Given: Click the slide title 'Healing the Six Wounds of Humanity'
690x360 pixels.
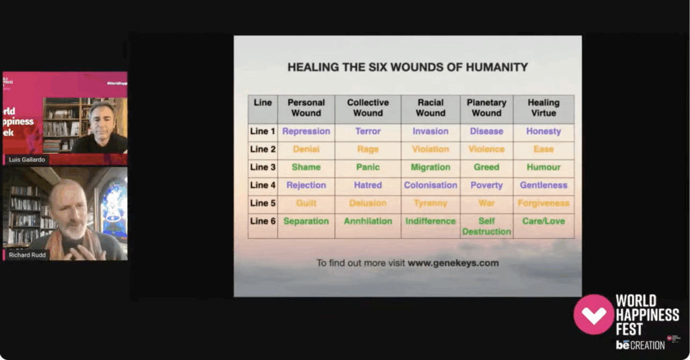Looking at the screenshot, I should (x=408, y=67).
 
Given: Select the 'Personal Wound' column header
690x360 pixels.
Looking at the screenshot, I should (x=306, y=108).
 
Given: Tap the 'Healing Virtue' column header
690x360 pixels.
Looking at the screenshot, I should (x=543, y=108).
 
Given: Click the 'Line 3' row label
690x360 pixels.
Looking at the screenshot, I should (x=263, y=167).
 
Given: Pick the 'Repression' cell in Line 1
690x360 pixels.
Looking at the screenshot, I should (x=306, y=131).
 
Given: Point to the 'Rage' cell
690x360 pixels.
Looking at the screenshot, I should (x=368, y=149).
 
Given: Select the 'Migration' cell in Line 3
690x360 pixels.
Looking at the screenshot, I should (x=430, y=167).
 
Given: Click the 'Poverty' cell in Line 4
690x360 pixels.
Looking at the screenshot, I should (x=487, y=185).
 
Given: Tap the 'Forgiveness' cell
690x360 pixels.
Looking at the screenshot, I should (x=543, y=203).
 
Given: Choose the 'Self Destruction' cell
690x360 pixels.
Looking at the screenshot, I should (x=487, y=227).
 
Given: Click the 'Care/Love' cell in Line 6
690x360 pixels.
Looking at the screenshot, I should (x=543, y=221).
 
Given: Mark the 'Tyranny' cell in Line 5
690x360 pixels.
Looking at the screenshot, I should (x=430, y=203).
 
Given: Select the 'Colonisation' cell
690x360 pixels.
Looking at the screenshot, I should (x=430, y=185).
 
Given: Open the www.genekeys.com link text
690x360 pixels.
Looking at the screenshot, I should (x=453, y=263).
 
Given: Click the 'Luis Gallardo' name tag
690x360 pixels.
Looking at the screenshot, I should (x=26, y=159).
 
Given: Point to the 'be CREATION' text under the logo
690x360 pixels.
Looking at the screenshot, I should (x=640, y=345).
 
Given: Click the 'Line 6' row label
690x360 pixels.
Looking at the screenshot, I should (x=263, y=221).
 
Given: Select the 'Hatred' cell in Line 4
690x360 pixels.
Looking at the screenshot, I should (x=368, y=185).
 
